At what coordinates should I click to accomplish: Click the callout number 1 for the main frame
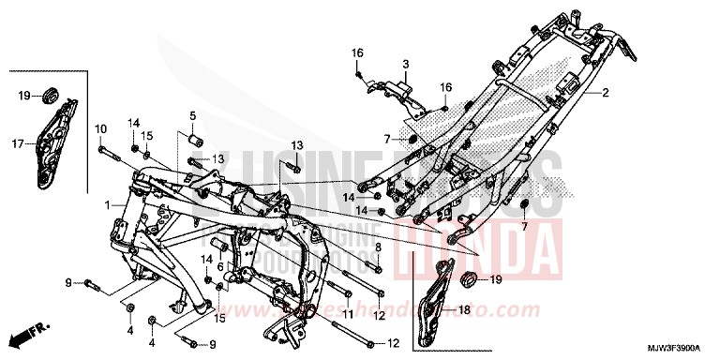click(x=108, y=203)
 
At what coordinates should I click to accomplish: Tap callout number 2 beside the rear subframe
click(x=606, y=93)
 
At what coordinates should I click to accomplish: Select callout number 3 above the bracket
click(x=406, y=64)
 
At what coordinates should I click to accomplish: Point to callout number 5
click(x=192, y=115)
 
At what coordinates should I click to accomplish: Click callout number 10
click(x=100, y=127)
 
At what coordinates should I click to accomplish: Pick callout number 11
click(x=347, y=315)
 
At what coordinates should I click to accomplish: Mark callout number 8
click(x=378, y=247)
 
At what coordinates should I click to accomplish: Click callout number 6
click(x=220, y=266)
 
